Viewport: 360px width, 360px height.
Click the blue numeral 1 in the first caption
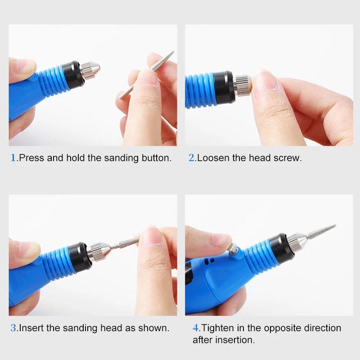13,158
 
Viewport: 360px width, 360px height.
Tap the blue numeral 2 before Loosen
192,158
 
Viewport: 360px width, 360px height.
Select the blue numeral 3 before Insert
13,328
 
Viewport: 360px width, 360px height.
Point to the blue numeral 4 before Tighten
196,328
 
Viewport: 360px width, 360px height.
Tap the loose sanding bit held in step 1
147,75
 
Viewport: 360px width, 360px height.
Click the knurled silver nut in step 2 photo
243,86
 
